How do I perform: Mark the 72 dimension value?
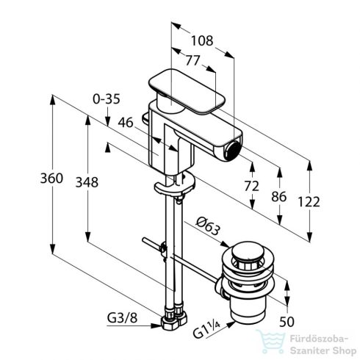click(x=251, y=187)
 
